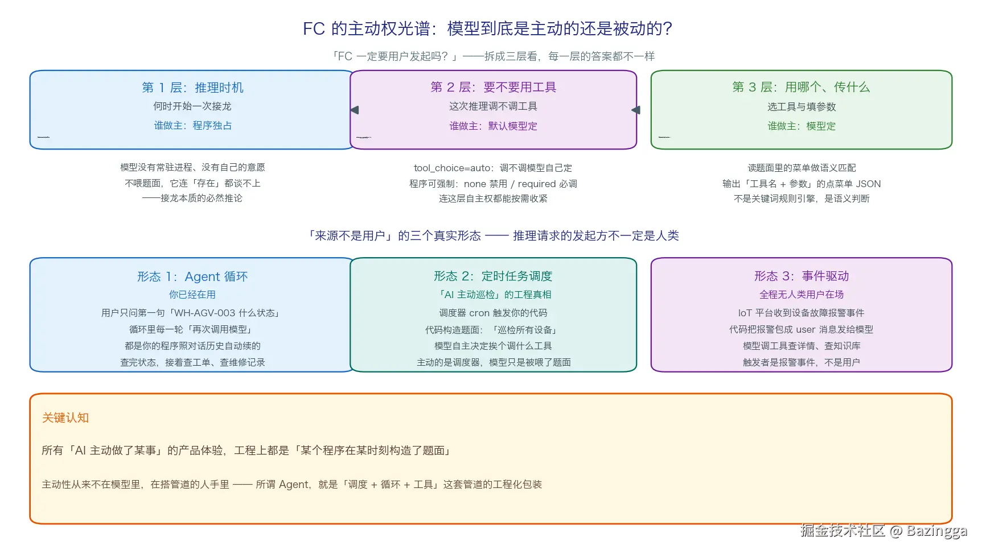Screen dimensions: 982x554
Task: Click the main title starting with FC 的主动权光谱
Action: click(x=488, y=28)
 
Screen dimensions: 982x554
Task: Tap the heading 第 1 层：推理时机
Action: click(x=192, y=88)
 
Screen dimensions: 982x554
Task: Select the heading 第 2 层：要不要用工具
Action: click(x=493, y=87)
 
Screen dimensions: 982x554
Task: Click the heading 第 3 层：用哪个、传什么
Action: click(x=801, y=87)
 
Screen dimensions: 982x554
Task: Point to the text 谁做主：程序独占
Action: click(x=192, y=126)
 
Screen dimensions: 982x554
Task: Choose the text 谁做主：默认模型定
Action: click(x=493, y=126)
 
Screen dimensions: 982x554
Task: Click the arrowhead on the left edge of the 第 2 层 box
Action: click(x=355, y=110)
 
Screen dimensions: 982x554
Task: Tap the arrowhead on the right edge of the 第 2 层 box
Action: click(x=636, y=110)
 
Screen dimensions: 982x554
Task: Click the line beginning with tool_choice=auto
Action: click(x=493, y=168)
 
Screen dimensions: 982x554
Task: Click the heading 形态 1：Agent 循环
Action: click(x=192, y=277)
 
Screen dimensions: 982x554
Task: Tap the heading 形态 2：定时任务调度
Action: click(x=493, y=276)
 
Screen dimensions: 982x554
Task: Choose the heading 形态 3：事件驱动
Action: click(x=802, y=276)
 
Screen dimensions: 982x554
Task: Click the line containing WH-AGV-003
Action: click(x=192, y=313)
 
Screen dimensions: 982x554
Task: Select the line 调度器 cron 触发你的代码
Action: click(x=493, y=313)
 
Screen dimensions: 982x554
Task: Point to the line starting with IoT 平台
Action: click(x=802, y=313)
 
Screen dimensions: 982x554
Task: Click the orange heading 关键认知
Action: click(x=65, y=418)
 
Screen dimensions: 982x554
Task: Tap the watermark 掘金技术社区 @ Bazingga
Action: click(x=884, y=531)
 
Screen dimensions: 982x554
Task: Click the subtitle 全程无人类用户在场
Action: click(x=802, y=295)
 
